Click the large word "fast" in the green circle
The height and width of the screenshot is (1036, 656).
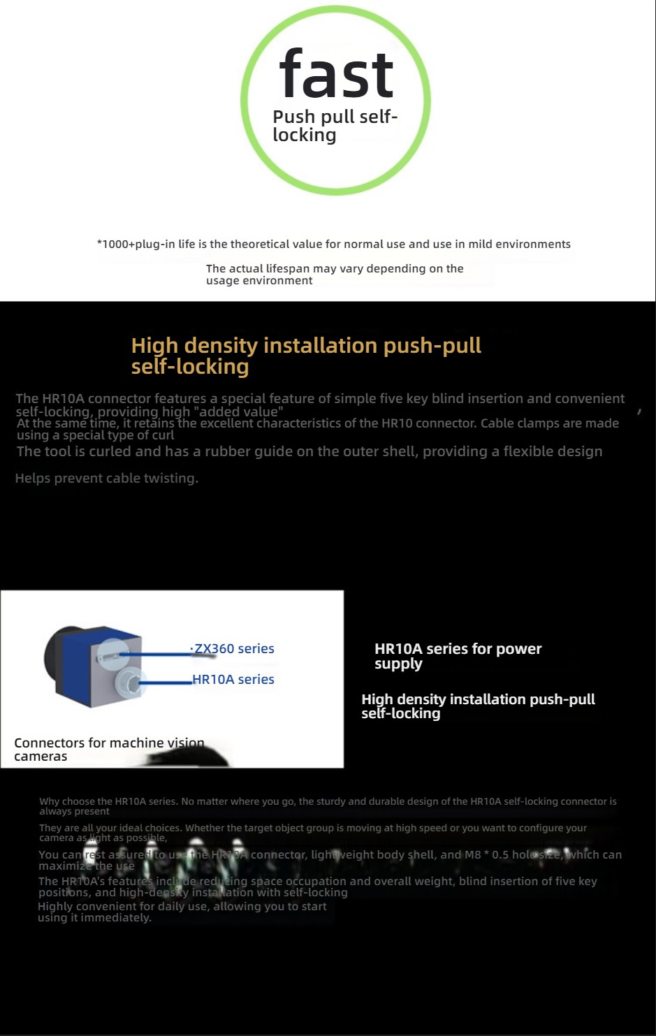pyautogui.click(x=336, y=75)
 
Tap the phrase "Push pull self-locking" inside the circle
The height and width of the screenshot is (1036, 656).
pyautogui.click(x=334, y=126)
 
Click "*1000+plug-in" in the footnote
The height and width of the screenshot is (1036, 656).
pyautogui.click(x=136, y=245)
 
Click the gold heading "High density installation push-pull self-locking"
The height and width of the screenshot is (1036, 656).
pyautogui.click(x=306, y=356)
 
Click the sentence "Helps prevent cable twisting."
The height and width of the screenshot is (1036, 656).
pyautogui.click(x=107, y=479)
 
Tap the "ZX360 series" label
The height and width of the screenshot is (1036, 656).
pyautogui.click(x=234, y=649)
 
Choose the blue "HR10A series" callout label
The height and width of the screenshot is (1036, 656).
pyautogui.click(x=233, y=680)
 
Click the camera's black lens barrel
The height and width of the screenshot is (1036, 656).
pyautogui.click(x=52, y=657)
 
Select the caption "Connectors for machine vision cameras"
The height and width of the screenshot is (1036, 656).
pyautogui.click(x=109, y=750)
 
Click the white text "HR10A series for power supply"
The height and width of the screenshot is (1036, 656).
pyautogui.click(x=458, y=656)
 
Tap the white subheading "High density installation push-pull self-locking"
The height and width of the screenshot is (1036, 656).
pyautogui.click(x=478, y=706)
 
